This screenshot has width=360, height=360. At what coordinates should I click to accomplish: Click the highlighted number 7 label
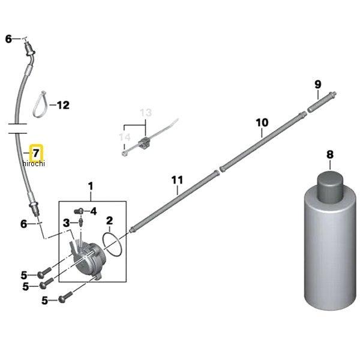37,152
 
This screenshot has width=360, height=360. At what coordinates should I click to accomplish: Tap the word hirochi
34,163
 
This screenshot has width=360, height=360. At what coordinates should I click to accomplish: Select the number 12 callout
63,105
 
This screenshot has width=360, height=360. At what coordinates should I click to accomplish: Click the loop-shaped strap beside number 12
41,104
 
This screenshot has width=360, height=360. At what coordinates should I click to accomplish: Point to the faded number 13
146,113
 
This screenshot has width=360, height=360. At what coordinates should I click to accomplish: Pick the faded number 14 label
125,137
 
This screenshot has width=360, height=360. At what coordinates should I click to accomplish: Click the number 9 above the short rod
318,85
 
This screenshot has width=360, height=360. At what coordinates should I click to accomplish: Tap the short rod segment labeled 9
322,102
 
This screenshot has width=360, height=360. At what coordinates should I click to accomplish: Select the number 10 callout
262,122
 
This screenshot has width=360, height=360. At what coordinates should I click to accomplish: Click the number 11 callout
177,180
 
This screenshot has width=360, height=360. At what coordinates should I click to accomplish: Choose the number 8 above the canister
330,155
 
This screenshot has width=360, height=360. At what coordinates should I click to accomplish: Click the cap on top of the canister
330,187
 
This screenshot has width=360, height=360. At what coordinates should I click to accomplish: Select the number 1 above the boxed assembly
91,186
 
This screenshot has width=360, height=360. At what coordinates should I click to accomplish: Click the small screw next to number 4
79,211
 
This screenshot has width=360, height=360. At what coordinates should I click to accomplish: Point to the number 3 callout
66,223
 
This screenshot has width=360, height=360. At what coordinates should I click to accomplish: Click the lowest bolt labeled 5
65,297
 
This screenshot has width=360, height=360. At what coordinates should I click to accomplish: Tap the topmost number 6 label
8,39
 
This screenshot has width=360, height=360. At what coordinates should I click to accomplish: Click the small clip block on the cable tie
143,143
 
